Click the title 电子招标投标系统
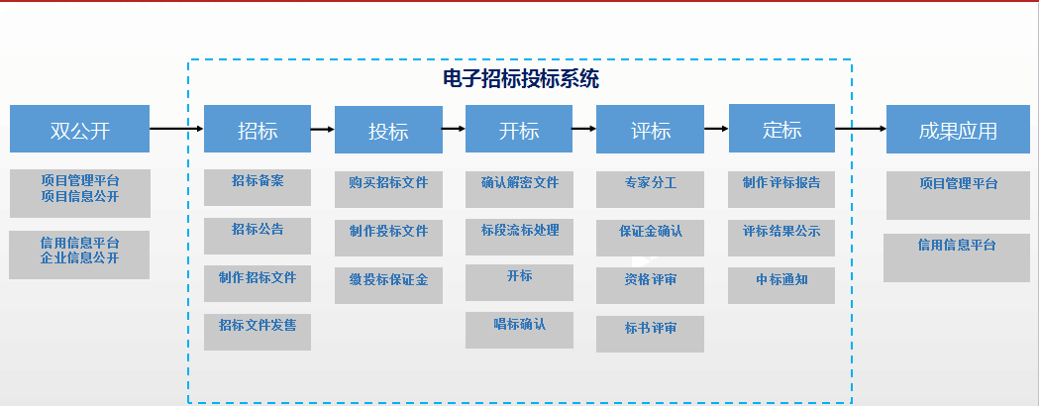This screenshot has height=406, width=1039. pos(521,79)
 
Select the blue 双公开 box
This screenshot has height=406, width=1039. pos(79,129)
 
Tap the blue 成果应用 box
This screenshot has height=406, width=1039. pos(958,129)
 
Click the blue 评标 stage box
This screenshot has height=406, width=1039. pos(650,129)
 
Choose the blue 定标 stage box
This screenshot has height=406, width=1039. pos(781,129)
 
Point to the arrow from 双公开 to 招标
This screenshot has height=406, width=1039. pos(177,129)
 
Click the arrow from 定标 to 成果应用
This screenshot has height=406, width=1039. pos(861,129)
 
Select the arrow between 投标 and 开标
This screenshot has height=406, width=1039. pos(454,129)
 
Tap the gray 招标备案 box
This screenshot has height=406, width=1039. pos(258,188)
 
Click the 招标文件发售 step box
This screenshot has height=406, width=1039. pos(258,333)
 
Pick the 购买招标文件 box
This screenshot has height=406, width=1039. pos(388,189)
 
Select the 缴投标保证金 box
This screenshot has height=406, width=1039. pos(388,286)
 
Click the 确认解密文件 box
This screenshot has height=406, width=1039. pos(519,189)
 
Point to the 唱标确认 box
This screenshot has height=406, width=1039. pos(519,330)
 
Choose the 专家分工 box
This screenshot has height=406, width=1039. pos(650,189)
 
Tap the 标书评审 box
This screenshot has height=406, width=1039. pos(650,334)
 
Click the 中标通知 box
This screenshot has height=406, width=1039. pos(781,285)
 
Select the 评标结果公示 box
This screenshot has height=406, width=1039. pos(781,238)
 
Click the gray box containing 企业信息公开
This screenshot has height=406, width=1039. pos(79,255)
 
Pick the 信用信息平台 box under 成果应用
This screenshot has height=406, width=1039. pos(957,257)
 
